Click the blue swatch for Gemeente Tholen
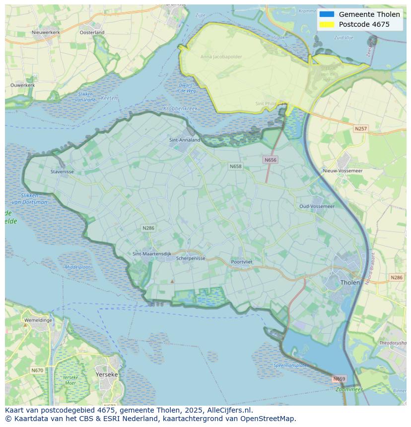coord(327,14)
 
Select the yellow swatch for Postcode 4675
coord(327,24)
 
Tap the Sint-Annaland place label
coord(185,140)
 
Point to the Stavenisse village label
coord(62,172)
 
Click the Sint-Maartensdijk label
coord(151,254)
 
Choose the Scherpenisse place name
coord(191,258)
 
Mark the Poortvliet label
coord(242,262)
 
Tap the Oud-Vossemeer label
coord(317,206)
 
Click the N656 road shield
coord(270,160)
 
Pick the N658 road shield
coord(236,166)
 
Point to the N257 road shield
coord(361,129)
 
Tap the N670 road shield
coord(37,370)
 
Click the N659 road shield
coord(339,379)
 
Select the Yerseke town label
coord(106,374)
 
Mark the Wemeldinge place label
coord(38,320)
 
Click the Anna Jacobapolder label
coord(221,57)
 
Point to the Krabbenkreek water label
coord(180,108)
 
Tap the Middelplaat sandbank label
coord(77,267)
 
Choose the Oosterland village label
coord(92,32)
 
